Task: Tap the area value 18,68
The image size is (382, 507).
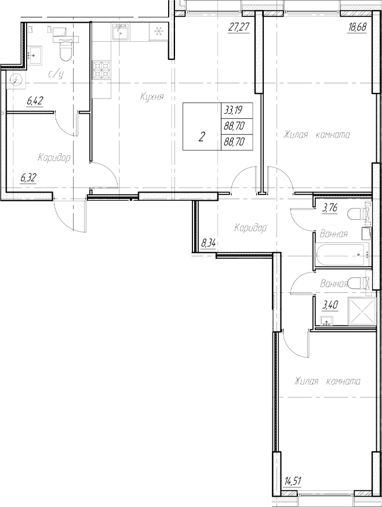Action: point(357,27)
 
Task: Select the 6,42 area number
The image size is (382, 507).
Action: point(35,102)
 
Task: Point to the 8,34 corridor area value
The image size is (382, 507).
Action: point(209,243)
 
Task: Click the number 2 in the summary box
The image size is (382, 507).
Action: point(201,137)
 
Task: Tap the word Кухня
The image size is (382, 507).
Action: point(151,97)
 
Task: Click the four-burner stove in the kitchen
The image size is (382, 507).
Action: point(102,70)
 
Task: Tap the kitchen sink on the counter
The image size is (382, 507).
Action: point(123,32)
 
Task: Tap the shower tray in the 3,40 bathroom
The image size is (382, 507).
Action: point(361,312)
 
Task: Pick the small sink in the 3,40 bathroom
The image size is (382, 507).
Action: point(326,321)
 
